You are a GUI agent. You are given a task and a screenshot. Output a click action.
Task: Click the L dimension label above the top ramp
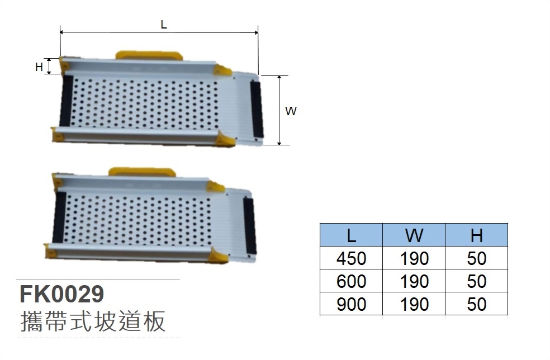coord(163,25)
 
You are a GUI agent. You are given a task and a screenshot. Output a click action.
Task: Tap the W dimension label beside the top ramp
coord(291,111)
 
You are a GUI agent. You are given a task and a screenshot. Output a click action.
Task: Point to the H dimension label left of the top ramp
coord(39,67)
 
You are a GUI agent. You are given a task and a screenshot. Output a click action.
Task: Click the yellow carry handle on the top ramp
coord(149,55)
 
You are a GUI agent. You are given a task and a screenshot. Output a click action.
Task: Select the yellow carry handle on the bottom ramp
coord(142,171)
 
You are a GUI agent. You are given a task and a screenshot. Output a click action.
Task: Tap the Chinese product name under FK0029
coord(93,322)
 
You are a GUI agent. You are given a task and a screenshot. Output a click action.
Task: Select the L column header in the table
coord(351,235)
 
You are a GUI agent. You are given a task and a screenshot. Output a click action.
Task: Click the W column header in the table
coord(414,235)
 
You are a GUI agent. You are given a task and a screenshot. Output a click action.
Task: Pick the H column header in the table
coord(476,235)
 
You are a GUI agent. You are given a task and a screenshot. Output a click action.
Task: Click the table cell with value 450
coord(351,258)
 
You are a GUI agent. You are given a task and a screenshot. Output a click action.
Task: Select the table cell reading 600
coord(351,281)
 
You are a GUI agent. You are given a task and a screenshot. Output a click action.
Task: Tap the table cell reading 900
coord(351,304)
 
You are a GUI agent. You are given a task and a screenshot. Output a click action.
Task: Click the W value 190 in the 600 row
coord(414,281)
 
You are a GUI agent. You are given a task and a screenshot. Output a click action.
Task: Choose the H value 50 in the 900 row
coord(476,304)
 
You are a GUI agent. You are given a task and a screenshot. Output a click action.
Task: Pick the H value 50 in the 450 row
coord(476,258)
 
